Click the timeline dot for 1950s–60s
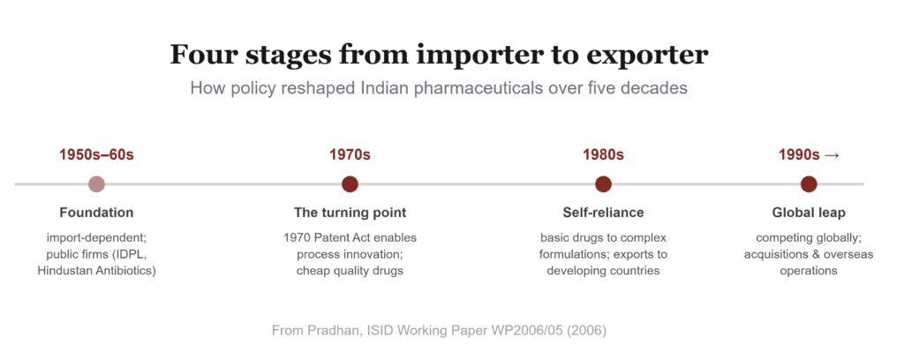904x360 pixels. click(x=96, y=184)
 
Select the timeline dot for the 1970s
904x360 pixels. click(x=350, y=184)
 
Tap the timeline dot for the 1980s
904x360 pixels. click(x=603, y=184)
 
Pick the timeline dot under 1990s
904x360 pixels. click(x=809, y=184)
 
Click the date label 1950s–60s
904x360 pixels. click(x=96, y=155)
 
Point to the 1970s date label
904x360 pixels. click(x=350, y=155)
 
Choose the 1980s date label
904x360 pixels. click(x=603, y=155)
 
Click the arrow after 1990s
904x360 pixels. click(x=832, y=155)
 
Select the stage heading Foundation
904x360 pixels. click(x=96, y=213)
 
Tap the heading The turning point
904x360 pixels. click(x=350, y=213)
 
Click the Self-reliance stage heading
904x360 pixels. click(x=603, y=213)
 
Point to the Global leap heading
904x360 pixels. click(x=809, y=213)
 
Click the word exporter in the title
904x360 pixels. click(x=646, y=56)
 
